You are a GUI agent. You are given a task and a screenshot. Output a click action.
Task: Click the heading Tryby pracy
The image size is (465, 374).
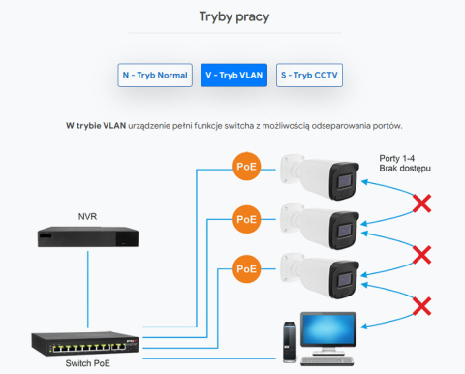[232, 16]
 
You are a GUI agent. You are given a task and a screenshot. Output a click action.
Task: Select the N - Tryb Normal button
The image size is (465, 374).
[155, 75]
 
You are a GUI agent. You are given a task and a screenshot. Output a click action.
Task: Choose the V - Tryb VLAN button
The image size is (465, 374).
[233, 75]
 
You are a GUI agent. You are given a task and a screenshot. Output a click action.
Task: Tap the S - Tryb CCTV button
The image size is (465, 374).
[310, 75]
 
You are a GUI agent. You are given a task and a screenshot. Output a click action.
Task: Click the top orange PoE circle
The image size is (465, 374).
[247, 166]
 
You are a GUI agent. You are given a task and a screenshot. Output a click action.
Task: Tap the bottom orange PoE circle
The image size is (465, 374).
[247, 267]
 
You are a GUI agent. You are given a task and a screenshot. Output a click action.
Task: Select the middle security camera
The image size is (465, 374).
[321, 226]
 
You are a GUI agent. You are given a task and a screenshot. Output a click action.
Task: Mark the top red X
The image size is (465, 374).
[421, 204]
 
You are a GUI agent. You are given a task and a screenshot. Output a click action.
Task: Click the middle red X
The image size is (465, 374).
[421, 255]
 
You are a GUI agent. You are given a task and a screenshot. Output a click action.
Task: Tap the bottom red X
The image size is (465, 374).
[421, 306]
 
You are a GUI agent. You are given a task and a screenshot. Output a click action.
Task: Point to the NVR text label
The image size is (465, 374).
[88, 215]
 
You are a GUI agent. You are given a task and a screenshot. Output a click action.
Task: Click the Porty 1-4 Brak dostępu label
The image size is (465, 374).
[405, 163]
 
